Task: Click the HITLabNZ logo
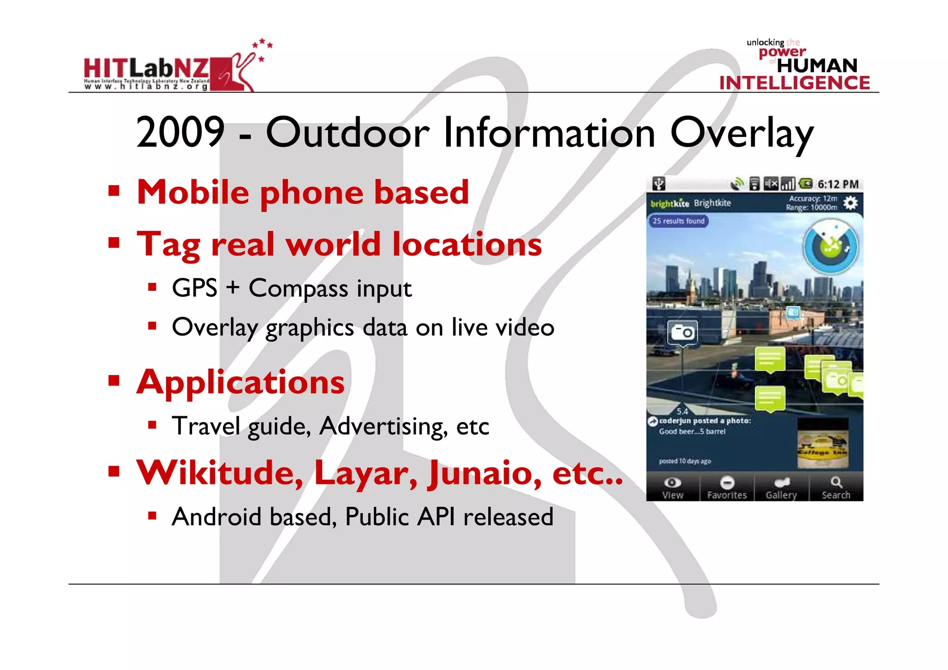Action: [169, 69]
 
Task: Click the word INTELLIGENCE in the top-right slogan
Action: [794, 83]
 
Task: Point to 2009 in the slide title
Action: [180, 132]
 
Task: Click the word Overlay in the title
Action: [742, 133]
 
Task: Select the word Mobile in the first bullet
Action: [193, 192]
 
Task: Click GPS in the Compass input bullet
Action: [194, 288]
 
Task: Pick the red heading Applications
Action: [240, 382]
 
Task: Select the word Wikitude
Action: [220, 473]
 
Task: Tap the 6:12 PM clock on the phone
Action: [838, 184]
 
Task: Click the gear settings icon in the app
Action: [850, 203]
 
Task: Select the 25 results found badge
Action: [678, 221]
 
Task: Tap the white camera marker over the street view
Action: [682, 332]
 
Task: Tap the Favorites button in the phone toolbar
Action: [727, 487]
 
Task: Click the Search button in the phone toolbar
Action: [836, 487]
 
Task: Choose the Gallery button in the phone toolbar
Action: [781, 487]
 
